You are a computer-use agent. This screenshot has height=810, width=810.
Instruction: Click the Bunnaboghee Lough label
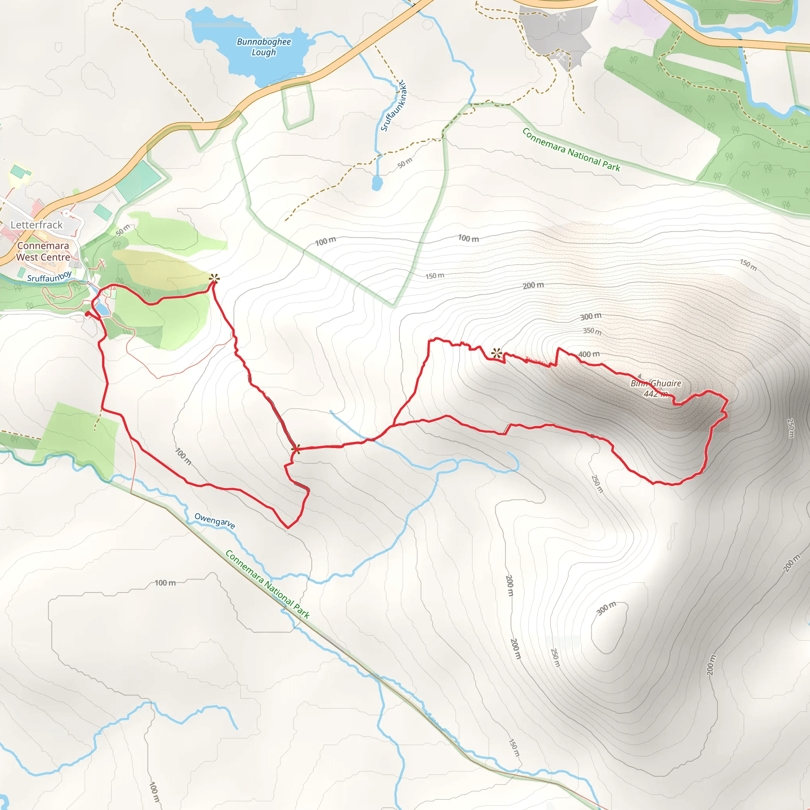tap(264, 47)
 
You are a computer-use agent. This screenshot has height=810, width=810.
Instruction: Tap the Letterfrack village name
tap(36, 225)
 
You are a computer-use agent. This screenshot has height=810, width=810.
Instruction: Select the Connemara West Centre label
tap(43, 252)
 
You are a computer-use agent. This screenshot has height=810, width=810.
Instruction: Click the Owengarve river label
tap(215, 521)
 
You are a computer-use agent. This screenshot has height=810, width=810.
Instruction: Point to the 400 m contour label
tap(589, 355)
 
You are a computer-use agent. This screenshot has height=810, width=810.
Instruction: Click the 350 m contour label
tap(592, 331)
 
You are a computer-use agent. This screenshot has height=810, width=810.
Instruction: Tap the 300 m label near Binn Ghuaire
tap(591, 316)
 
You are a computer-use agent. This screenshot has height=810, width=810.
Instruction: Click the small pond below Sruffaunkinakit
tap(377, 183)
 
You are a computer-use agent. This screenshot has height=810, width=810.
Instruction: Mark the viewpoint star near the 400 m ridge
tap(496, 353)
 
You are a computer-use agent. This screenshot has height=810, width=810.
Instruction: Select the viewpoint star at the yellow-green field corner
tap(214, 278)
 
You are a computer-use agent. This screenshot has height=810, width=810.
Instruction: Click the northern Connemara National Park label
tap(571, 150)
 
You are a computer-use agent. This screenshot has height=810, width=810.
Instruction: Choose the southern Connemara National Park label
tap(267, 585)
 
